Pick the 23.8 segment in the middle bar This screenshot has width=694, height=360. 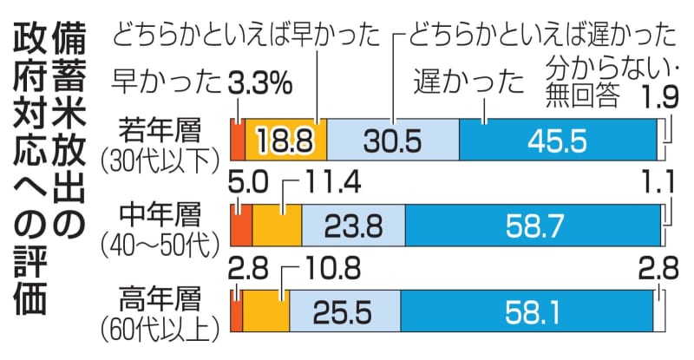tap(352, 226)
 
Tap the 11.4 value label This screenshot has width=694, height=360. tap(332, 183)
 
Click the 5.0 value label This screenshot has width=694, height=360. tap(246, 183)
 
